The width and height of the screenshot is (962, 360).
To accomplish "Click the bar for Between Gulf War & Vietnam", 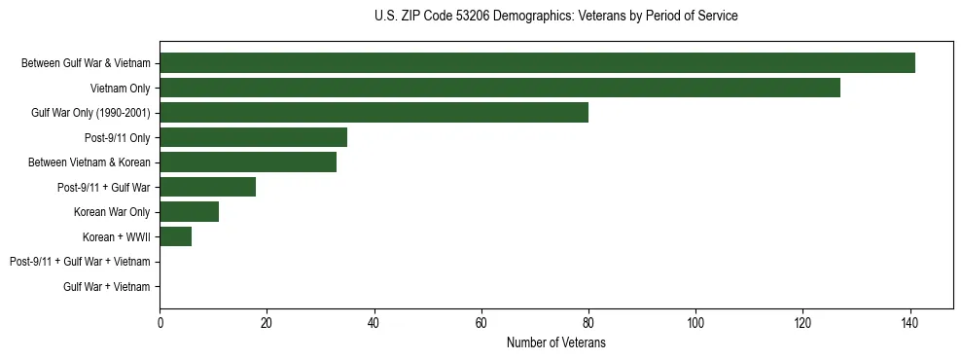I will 537,63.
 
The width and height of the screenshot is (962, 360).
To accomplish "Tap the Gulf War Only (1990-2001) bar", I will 374,113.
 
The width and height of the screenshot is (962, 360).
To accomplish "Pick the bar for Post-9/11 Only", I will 253,137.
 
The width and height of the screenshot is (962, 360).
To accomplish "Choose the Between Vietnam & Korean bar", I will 248,162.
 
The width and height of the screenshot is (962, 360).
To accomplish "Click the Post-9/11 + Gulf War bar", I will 208,187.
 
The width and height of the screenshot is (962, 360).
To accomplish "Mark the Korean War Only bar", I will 189,212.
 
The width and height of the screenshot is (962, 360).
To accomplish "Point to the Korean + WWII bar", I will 176,236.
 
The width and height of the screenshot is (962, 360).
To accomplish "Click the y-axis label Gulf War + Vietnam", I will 106,287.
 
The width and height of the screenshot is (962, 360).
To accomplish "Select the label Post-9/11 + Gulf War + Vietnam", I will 80,262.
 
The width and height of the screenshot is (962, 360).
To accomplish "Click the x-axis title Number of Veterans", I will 555,343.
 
